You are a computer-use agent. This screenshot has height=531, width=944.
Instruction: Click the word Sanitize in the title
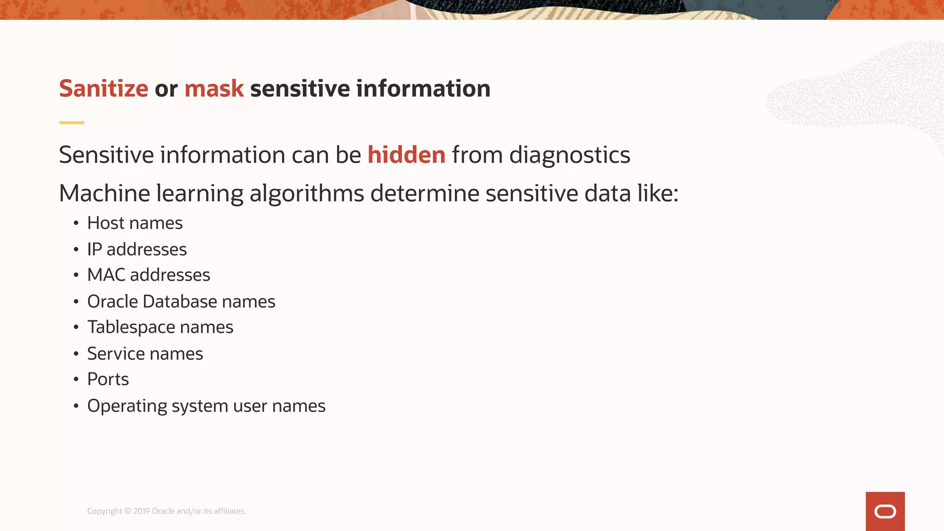pyautogui.click(x=104, y=88)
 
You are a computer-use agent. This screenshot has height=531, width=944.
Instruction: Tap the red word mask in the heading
pyautogui.click(x=214, y=88)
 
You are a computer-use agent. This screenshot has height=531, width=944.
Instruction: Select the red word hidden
pyautogui.click(x=406, y=155)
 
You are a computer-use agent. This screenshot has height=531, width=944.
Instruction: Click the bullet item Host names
pyautogui.click(x=135, y=223)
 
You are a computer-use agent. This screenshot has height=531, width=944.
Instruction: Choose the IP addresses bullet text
pyautogui.click(x=137, y=249)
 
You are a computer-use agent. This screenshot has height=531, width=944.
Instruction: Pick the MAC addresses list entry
pyautogui.click(x=148, y=275)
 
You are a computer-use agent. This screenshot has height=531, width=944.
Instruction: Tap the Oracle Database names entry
pyautogui.click(x=181, y=301)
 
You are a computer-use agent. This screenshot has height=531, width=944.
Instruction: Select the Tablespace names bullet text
pyautogui.click(x=160, y=327)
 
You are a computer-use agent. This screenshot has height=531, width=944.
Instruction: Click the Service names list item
pyautogui.click(x=145, y=354)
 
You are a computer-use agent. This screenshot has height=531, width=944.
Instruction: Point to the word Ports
pyautogui.click(x=108, y=379)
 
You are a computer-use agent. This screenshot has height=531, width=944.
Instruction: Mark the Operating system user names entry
pyautogui.click(x=206, y=406)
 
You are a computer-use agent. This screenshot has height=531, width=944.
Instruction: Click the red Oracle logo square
pyautogui.click(x=885, y=511)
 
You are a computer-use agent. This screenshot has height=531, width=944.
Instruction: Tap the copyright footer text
pyautogui.click(x=166, y=511)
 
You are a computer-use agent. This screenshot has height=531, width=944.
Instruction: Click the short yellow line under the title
pyautogui.click(x=71, y=123)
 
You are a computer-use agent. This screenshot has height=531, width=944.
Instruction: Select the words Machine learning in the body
pyautogui.click(x=151, y=193)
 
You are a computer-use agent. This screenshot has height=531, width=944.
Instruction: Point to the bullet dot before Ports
pyautogui.click(x=76, y=379)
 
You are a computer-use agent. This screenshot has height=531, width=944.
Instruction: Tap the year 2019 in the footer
pyautogui.click(x=142, y=511)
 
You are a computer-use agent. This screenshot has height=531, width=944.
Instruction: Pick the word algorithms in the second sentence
pyautogui.click(x=307, y=194)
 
